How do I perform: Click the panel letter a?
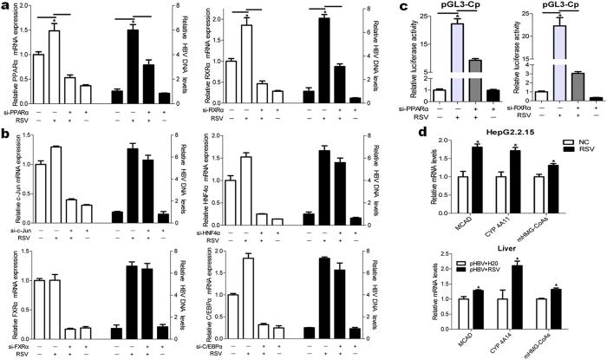point(6,7)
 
